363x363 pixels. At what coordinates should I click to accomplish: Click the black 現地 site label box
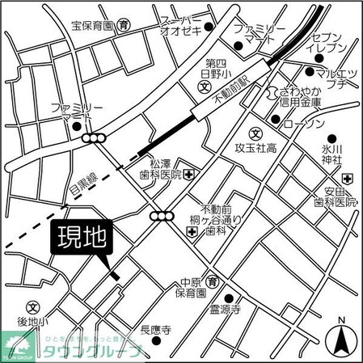click(x=83, y=240)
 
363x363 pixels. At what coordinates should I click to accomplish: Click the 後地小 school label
click(x=32, y=322)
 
